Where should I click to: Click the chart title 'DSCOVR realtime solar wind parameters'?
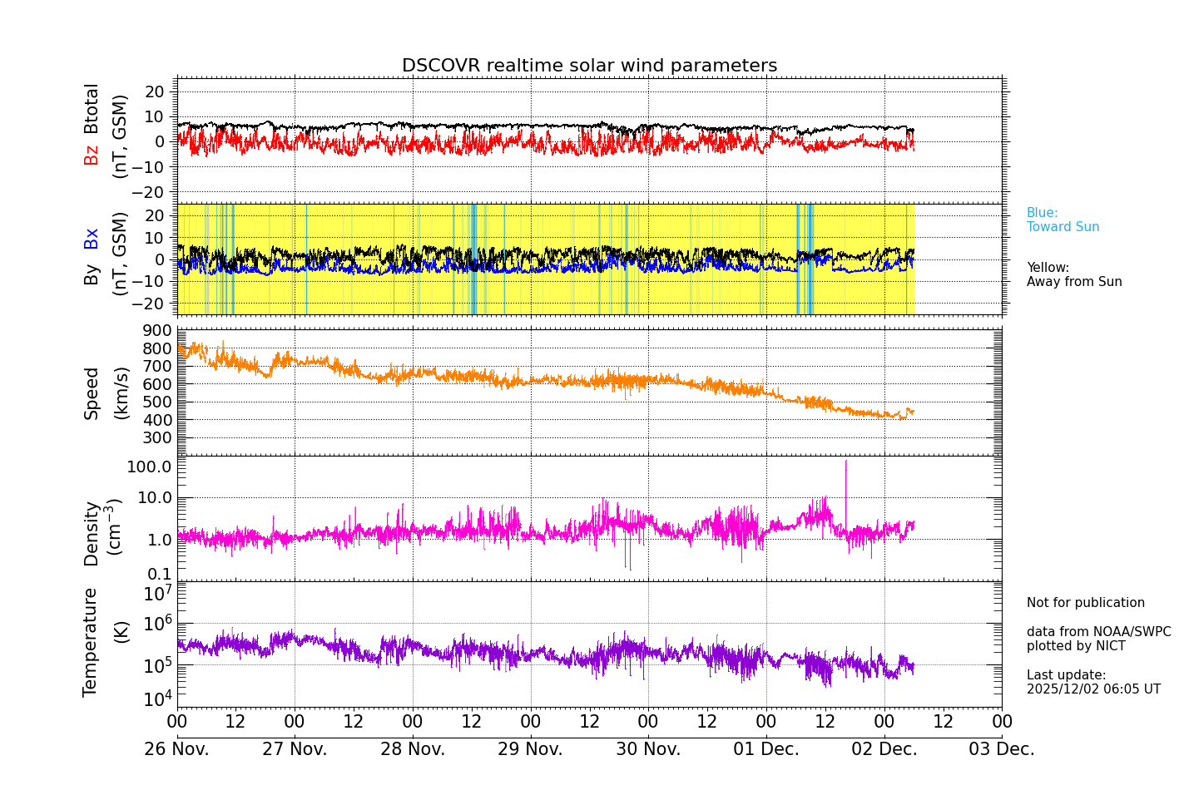coord(589,66)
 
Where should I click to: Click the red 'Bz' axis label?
coord(92,155)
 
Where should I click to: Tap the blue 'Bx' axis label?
coord(92,239)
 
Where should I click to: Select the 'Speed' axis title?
coord(92,393)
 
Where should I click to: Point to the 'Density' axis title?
coord(92,533)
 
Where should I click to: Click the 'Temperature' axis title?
coord(91,641)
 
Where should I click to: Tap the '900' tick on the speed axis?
coord(156,330)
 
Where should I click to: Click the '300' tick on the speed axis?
coord(156,437)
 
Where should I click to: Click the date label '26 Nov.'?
coord(177,749)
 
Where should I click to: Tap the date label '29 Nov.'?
coord(531,749)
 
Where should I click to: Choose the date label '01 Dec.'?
coord(766,749)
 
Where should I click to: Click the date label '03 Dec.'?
coord(1002,749)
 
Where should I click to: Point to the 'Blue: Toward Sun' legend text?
coord(1063,220)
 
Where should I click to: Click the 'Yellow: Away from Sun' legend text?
coord(1073,274)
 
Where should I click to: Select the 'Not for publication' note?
coord(1085,603)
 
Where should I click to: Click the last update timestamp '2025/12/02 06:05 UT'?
coord(1093,689)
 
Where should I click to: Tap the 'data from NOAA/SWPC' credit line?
coord(1098,632)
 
